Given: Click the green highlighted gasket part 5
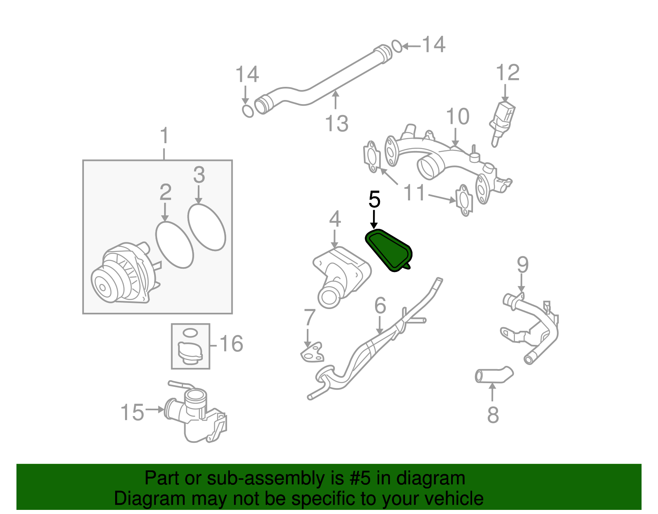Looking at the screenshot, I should click(389, 250).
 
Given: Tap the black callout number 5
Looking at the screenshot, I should click(374, 200).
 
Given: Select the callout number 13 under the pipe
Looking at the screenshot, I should click(336, 123).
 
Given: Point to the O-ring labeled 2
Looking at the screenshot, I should click(175, 245).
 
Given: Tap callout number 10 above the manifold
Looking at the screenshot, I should click(457, 117).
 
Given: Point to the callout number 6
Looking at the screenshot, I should click(380, 305).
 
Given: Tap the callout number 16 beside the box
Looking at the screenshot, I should click(231, 344).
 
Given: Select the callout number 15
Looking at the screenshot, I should click(132, 412).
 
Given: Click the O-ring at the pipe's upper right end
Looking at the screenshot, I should click(397, 46).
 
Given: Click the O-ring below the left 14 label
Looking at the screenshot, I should click(248, 111).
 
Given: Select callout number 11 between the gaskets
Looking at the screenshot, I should click(414, 193).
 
